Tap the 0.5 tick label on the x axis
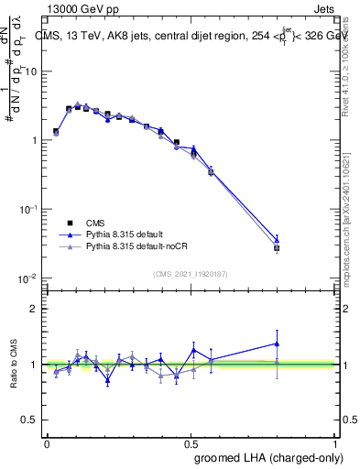pos(191,443)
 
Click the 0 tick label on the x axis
pos(47,443)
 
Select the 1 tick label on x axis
pos(336,443)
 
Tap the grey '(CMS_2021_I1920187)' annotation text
pos(191,274)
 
